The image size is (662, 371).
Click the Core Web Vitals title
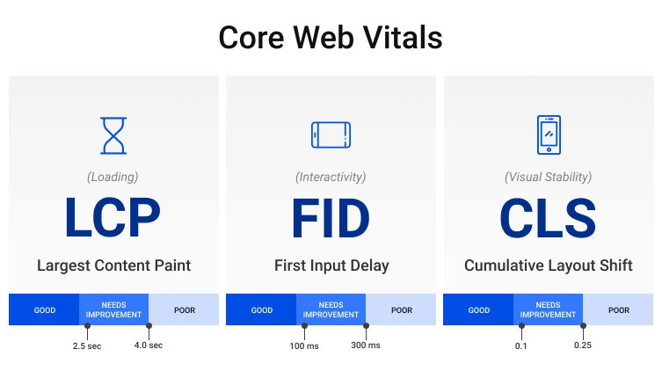[x=331, y=38]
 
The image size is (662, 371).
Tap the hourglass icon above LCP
[x=113, y=135]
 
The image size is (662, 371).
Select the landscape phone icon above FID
[x=331, y=135]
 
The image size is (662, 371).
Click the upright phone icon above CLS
[x=548, y=135]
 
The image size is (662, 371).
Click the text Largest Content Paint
[x=113, y=265]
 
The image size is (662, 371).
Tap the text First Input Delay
[x=331, y=265]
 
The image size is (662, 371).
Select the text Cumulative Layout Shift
[x=548, y=265]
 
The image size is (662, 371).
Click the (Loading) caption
[x=113, y=177]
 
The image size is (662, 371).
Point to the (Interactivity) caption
[x=331, y=177]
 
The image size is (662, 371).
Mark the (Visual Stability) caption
[x=548, y=177]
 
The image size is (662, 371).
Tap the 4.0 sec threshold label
[x=149, y=346]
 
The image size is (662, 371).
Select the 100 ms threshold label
[x=304, y=346]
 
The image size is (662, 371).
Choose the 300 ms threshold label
[x=366, y=346]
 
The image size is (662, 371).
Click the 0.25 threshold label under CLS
[x=583, y=346]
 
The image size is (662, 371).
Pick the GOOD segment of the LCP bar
[x=44, y=310]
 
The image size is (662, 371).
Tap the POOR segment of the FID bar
[x=402, y=310]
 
